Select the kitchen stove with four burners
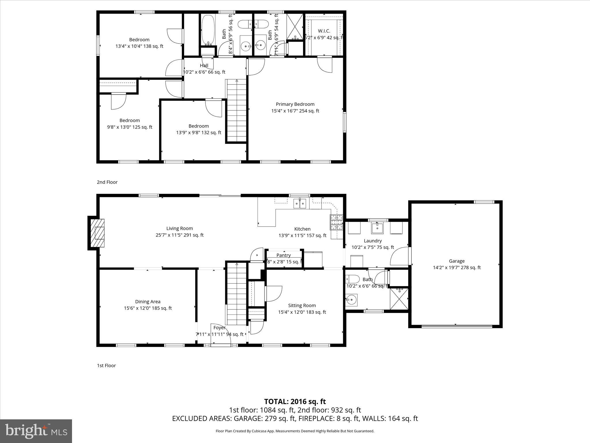click(336, 222)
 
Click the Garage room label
click(457, 261)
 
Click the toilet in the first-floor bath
click(353, 279)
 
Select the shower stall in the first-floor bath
click(399, 299)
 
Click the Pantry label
click(283, 255)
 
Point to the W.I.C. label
click(324, 31)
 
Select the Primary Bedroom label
click(295, 104)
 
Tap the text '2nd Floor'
click(107, 182)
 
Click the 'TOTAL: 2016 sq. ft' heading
click(295, 401)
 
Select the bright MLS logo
click(36, 431)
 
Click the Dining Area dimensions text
click(148, 308)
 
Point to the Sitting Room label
click(302, 305)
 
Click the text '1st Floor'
click(106, 366)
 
